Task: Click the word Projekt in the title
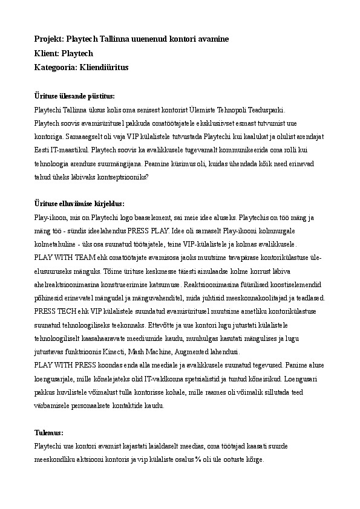pyautogui.click(x=48, y=39)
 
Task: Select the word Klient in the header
pyautogui.click(x=47, y=53)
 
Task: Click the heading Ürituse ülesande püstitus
pyautogui.click(x=74, y=96)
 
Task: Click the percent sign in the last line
pyautogui.click(x=197, y=460)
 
